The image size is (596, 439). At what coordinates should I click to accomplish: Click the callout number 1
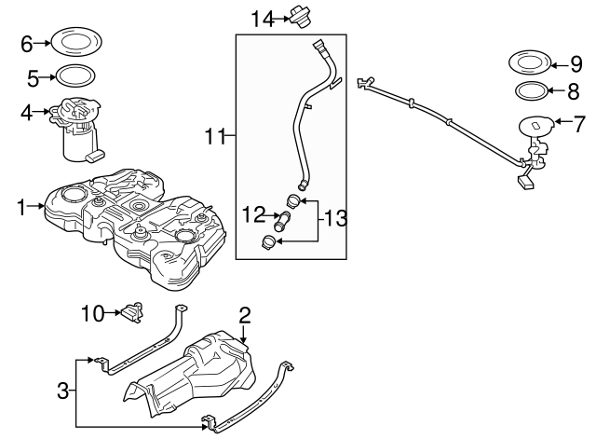[x=20, y=205]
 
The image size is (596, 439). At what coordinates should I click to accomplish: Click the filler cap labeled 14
[x=302, y=16]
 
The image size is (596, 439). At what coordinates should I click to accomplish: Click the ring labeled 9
[x=527, y=65]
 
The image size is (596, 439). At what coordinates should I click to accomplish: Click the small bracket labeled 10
[x=131, y=309]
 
